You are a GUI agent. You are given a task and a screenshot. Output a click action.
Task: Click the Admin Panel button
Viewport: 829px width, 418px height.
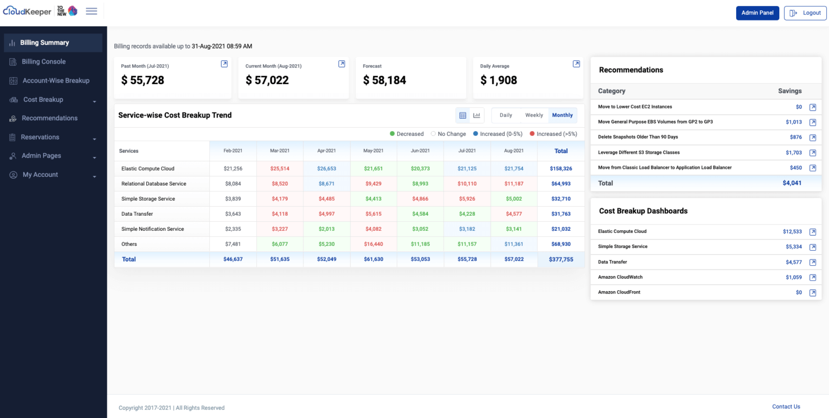[757, 13]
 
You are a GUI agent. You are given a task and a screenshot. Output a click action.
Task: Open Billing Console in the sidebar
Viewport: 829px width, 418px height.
[43, 61]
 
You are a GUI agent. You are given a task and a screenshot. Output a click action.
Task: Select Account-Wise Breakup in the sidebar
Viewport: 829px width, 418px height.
[56, 80]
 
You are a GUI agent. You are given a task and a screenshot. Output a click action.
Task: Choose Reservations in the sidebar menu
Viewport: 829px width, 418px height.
[40, 137]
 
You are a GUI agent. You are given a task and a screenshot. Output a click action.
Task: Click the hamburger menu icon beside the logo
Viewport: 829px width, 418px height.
[92, 11]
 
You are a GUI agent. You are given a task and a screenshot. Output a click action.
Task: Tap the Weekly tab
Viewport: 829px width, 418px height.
[534, 115]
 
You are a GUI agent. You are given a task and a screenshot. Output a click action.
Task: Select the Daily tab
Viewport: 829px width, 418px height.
[506, 115]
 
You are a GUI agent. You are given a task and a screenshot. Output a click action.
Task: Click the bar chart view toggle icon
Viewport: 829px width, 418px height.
[477, 115]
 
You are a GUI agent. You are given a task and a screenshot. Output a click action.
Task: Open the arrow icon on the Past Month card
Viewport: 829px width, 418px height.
[225, 64]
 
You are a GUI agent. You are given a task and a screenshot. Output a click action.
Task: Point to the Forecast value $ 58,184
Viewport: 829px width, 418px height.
[384, 80]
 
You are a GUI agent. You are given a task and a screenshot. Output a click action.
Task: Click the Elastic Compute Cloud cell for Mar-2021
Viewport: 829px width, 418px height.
[280, 169]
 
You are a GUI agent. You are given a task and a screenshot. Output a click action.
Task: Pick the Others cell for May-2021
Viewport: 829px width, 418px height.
[373, 244]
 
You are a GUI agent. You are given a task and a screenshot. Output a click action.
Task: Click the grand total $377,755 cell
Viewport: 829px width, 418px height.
[561, 259]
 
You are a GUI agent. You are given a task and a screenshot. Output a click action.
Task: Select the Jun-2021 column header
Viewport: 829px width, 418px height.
[420, 151]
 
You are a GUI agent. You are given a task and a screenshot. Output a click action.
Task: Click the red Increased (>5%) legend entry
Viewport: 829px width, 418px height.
[553, 134]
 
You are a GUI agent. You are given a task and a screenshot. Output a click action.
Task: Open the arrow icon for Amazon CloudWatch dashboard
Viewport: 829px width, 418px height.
[812, 277]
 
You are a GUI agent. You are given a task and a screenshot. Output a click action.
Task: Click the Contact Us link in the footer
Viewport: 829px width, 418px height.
[786, 407]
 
